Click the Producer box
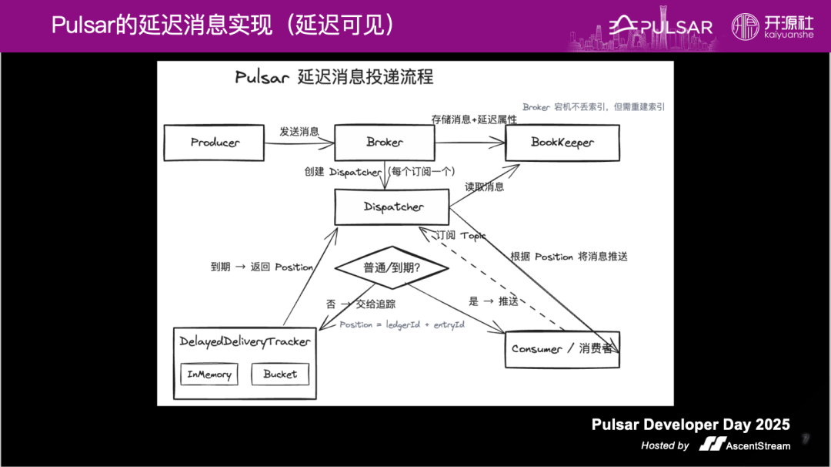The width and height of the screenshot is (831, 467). (x=215, y=143)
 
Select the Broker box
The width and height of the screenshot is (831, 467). (x=385, y=143)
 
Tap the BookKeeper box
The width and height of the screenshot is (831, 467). (x=562, y=143)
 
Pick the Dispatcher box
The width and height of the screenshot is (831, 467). (x=392, y=207)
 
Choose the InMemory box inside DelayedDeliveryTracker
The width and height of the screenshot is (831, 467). (x=209, y=375)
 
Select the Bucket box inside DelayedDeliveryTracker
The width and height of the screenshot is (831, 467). (x=279, y=375)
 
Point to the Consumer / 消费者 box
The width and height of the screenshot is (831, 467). (x=562, y=349)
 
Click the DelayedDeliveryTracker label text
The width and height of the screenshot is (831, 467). (x=245, y=341)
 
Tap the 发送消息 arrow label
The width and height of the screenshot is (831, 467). (x=299, y=132)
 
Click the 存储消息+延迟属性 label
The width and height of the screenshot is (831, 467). (x=474, y=119)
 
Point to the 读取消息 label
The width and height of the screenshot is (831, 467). (x=485, y=186)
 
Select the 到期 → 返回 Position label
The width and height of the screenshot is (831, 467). (x=262, y=267)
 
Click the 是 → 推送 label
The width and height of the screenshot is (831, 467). (x=493, y=301)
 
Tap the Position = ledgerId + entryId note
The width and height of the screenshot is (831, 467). (x=402, y=324)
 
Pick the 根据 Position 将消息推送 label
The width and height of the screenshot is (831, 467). (x=569, y=257)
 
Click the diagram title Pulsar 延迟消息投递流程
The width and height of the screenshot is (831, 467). (x=334, y=77)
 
